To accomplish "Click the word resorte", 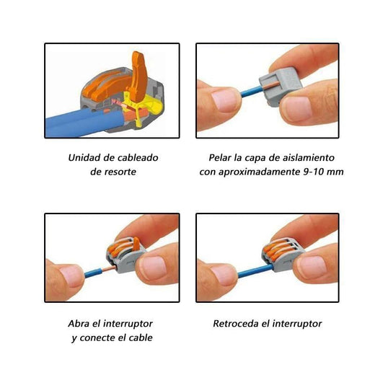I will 118,172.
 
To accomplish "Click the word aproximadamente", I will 257,172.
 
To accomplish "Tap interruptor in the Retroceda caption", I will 295,323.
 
